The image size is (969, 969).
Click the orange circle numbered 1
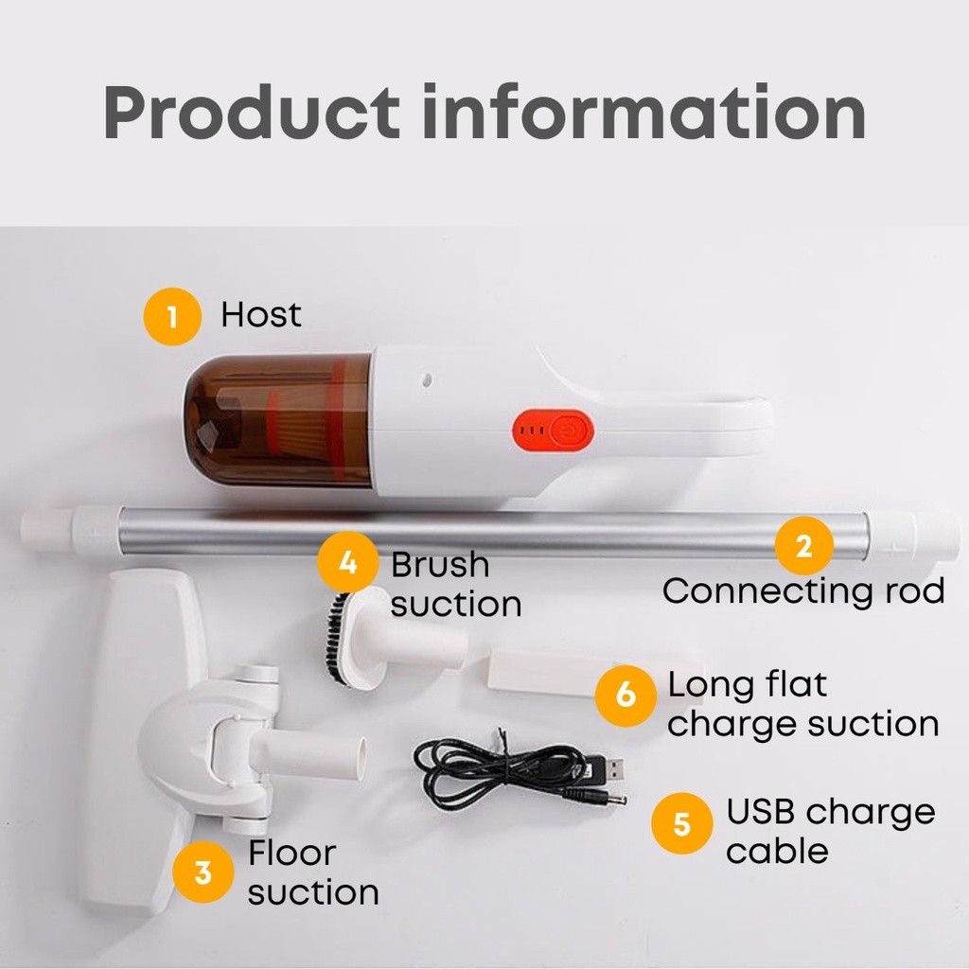tap(172, 316)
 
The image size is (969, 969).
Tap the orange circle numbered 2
tap(803, 546)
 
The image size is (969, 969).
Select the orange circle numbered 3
tap(203, 872)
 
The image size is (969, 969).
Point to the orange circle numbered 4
tap(348, 563)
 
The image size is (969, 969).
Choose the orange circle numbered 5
tap(681, 824)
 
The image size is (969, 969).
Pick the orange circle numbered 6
tap(625, 696)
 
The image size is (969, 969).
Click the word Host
tap(261, 314)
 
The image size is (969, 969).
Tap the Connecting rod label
tap(803, 591)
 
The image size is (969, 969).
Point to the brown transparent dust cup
tap(278, 419)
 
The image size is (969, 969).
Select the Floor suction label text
tap(313, 872)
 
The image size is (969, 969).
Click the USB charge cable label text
tap(830, 831)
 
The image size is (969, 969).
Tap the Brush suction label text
tap(455, 584)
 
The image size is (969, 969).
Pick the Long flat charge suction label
tap(802, 704)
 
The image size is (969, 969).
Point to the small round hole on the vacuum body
tap(426, 380)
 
